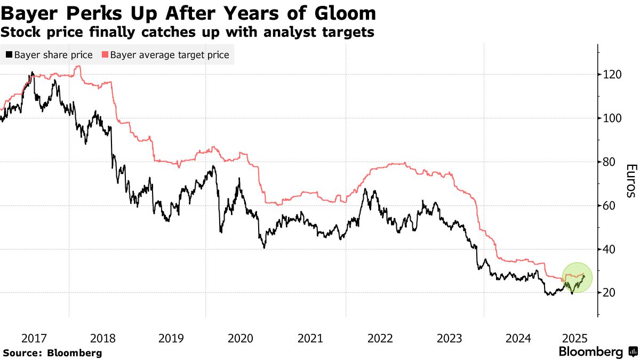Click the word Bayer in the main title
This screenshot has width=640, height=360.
click(27, 13)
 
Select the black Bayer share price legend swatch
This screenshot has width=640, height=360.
click(9, 55)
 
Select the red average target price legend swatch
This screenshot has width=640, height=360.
click(105, 55)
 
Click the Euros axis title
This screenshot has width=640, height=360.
click(630, 181)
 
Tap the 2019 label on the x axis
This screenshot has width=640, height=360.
click(172, 338)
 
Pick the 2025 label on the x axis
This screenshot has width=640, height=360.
click(577, 338)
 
